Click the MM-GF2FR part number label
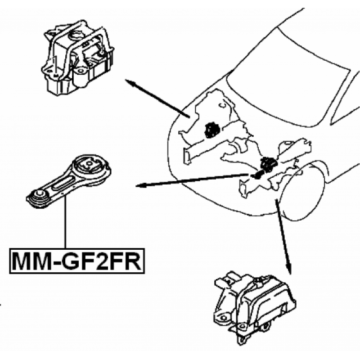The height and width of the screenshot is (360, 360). (x=77, y=261)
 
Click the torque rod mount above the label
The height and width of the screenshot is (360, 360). (x=69, y=181)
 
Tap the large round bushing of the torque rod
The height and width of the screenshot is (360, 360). (x=91, y=167)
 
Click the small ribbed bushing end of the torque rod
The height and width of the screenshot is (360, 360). (x=39, y=199)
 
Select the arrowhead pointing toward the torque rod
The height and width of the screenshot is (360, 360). (x=140, y=185)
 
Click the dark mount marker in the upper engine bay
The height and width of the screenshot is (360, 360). (x=211, y=130)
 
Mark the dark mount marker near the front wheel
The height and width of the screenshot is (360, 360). (x=267, y=165)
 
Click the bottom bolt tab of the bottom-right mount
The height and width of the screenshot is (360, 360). (x=241, y=340)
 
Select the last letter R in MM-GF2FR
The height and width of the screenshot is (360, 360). (x=133, y=261)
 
